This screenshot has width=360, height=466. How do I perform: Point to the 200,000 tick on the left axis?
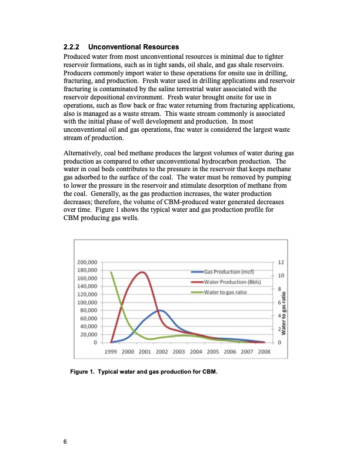[x=88, y=262]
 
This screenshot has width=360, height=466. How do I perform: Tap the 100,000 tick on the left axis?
[x=88, y=302]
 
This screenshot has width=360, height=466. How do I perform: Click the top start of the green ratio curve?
[x=111, y=272]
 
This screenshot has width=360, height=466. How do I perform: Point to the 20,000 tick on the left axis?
[x=89, y=334]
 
